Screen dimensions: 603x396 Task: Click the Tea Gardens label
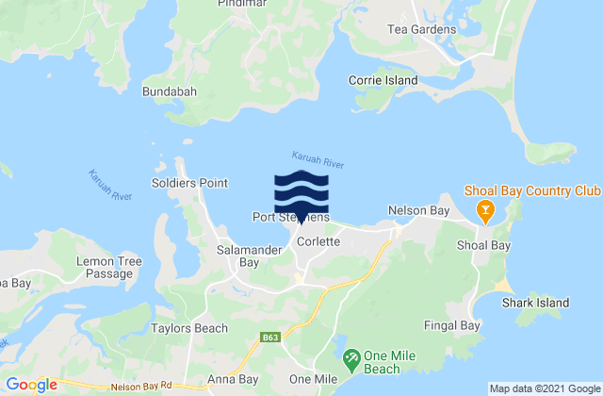point(421,29)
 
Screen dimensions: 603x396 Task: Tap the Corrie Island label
point(383,81)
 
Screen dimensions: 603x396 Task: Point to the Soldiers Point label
point(183,184)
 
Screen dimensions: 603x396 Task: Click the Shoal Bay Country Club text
point(532,191)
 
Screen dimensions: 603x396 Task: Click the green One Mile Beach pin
point(350,357)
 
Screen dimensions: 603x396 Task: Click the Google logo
point(30,385)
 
